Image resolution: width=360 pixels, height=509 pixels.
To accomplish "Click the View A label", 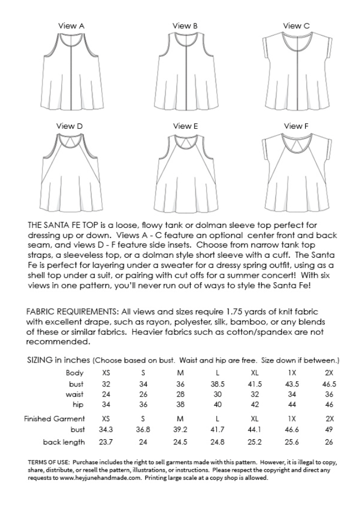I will tap(71, 25).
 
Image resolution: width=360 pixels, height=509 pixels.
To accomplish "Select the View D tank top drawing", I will tap(71, 173).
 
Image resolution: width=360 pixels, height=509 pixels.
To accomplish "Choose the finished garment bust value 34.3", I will tap(107, 430).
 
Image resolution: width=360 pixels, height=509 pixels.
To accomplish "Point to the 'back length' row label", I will tap(64, 442).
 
